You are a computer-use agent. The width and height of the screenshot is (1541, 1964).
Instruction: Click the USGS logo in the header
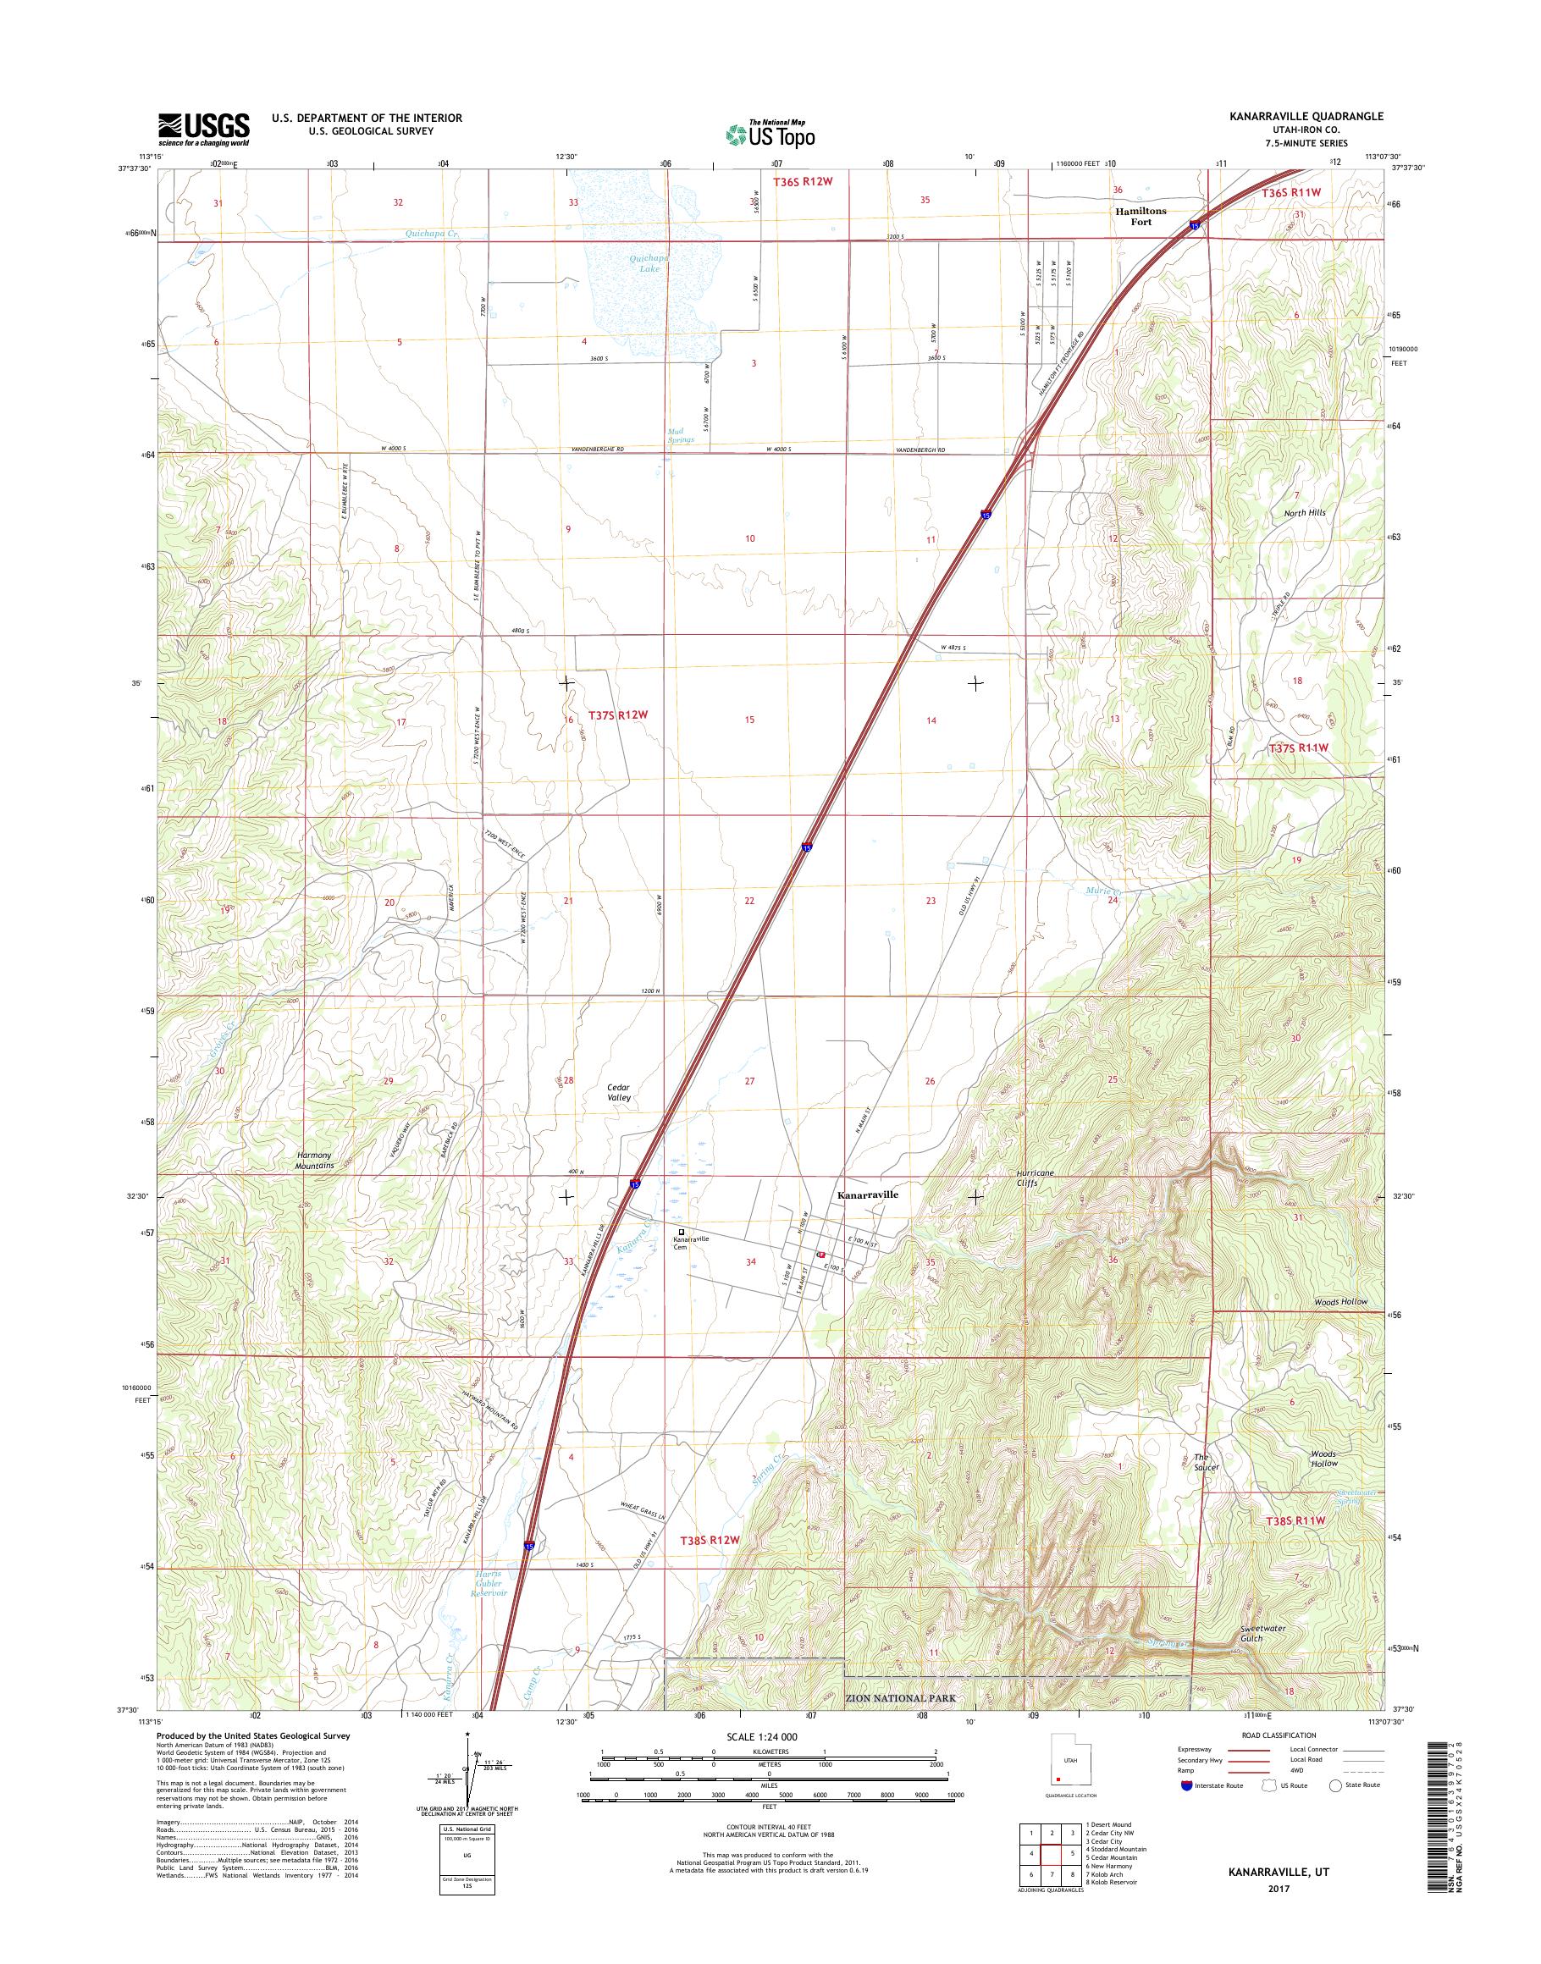click(204, 129)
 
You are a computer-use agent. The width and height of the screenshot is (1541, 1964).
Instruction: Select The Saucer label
click(1207, 1461)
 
